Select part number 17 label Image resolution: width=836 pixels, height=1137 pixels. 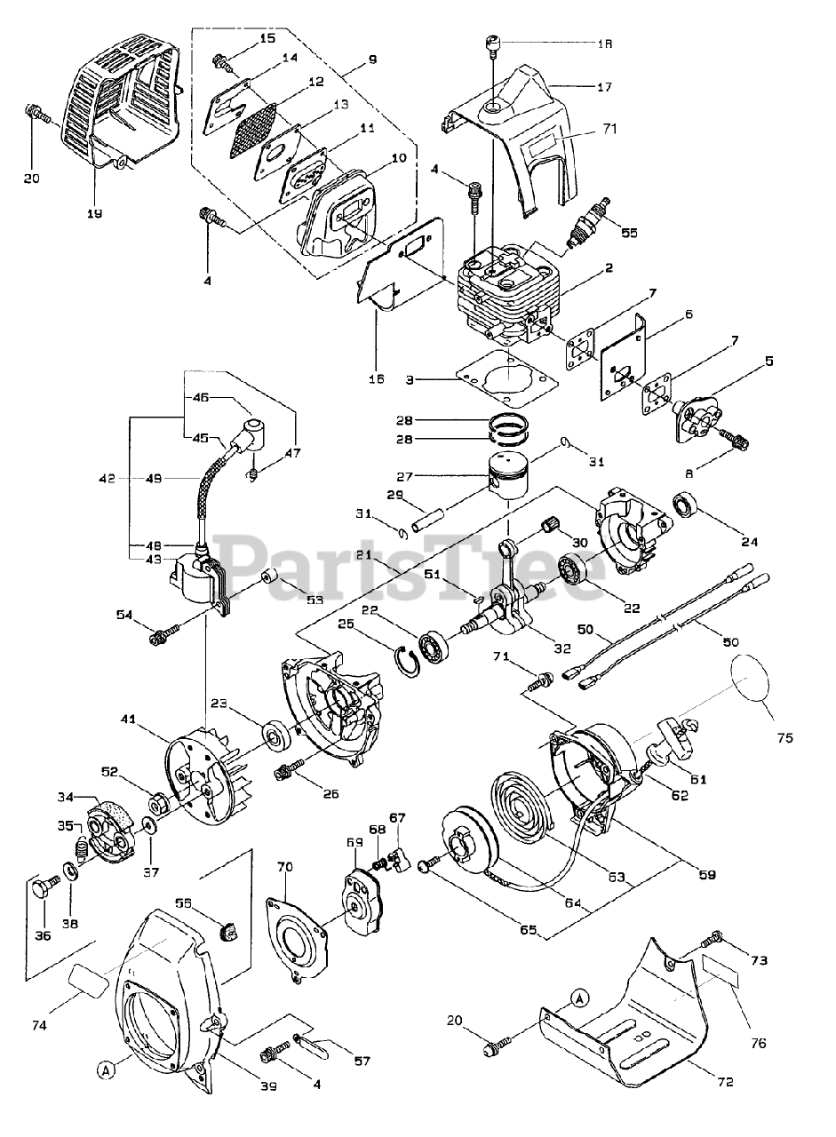click(x=604, y=87)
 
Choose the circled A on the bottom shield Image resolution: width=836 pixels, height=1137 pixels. click(x=578, y=998)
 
